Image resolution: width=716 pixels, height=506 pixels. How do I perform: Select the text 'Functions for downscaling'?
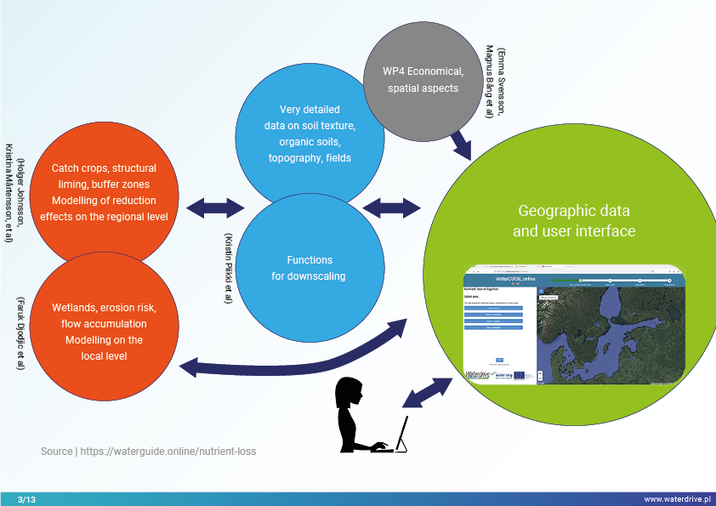click(309, 268)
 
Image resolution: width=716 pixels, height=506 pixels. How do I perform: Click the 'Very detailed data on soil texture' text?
click(310, 134)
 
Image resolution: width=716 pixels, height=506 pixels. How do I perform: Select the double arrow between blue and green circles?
click(392, 207)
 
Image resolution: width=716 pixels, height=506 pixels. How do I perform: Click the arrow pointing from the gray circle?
click(463, 142)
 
